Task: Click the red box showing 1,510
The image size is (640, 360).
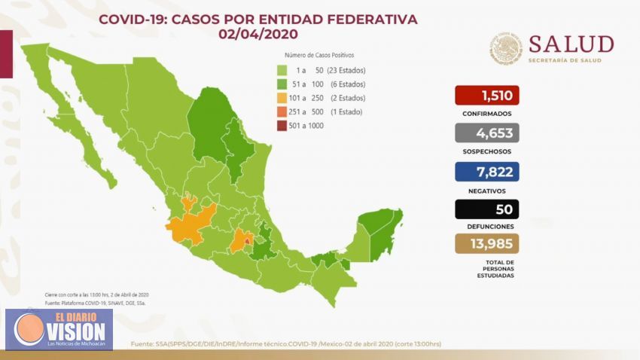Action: click(x=487, y=96)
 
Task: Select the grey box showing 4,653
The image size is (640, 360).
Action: click(x=487, y=133)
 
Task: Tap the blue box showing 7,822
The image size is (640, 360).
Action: click(x=487, y=171)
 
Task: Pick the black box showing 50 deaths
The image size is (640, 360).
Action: click(x=487, y=209)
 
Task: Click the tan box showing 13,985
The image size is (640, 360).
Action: click(x=487, y=244)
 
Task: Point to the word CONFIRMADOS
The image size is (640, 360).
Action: click(x=487, y=114)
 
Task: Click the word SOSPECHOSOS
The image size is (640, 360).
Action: click(x=487, y=151)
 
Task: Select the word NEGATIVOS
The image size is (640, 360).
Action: click(x=487, y=189)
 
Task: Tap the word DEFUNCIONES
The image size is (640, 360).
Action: click(x=487, y=226)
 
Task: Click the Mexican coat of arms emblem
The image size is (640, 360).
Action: click(x=506, y=47)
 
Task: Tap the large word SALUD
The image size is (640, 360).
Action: click(x=571, y=44)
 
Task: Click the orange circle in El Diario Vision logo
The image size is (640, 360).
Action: click(x=29, y=329)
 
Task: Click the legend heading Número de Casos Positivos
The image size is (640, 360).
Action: click(x=319, y=55)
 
